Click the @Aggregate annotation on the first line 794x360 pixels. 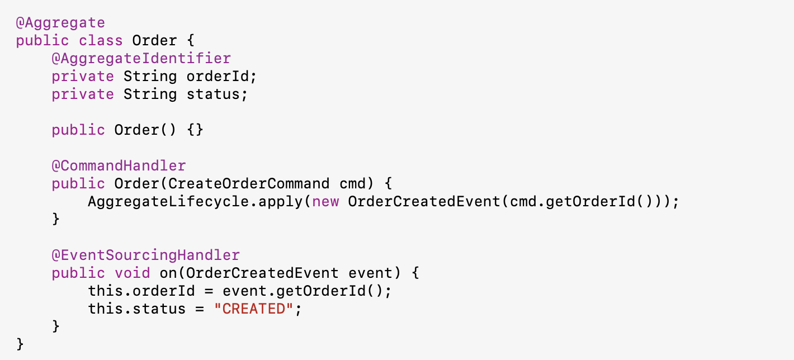[x=60, y=23]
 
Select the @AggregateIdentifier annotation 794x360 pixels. [x=141, y=59]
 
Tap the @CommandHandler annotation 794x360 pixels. [x=119, y=166]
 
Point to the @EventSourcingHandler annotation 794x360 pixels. [x=146, y=255]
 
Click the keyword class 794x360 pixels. [x=101, y=41]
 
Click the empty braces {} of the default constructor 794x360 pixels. [x=196, y=130]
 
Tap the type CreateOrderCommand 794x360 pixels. [x=249, y=184]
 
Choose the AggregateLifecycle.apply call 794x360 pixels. [x=195, y=202]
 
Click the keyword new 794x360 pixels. [x=325, y=202]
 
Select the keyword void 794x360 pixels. [x=133, y=273]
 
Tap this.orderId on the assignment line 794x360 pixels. [x=133, y=291]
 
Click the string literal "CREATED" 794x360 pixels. [x=254, y=309]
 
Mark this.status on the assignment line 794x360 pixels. [x=128, y=309]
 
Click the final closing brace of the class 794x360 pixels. [x=21, y=344]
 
